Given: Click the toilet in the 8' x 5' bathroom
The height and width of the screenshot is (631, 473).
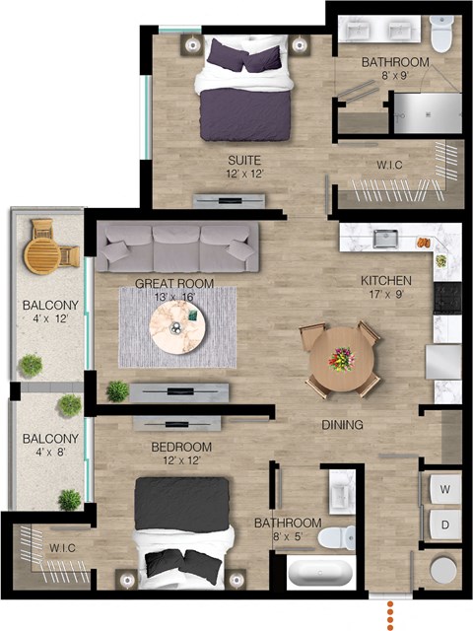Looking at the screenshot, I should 337,537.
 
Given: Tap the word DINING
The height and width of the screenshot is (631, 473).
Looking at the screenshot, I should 342,425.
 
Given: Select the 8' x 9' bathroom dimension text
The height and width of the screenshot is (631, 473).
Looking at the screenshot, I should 396,76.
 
